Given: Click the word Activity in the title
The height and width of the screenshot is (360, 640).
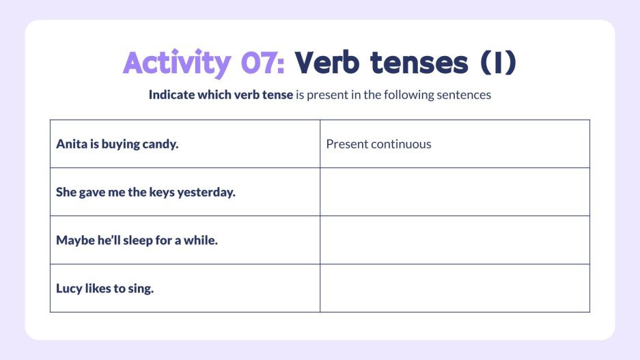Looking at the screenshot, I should tap(177, 64).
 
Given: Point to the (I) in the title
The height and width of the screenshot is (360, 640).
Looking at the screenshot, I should tap(497, 64).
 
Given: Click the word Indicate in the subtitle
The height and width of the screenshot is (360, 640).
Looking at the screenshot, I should tap(172, 95).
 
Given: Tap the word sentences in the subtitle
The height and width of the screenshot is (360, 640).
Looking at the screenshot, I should tap(465, 95).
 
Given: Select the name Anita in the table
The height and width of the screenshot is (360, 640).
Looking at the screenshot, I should tap(71, 144).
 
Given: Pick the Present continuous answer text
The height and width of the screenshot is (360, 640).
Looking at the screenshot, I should tap(378, 144).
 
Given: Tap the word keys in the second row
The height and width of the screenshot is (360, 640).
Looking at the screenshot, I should tap(162, 192).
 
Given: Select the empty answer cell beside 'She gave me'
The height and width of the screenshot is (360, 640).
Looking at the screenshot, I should tap(454, 192).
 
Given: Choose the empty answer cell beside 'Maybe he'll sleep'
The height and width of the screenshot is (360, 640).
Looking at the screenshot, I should tap(454, 240).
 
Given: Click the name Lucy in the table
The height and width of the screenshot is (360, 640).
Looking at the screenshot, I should tap(69, 288).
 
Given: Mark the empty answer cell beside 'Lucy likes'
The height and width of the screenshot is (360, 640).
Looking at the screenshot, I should tap(454, 288).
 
